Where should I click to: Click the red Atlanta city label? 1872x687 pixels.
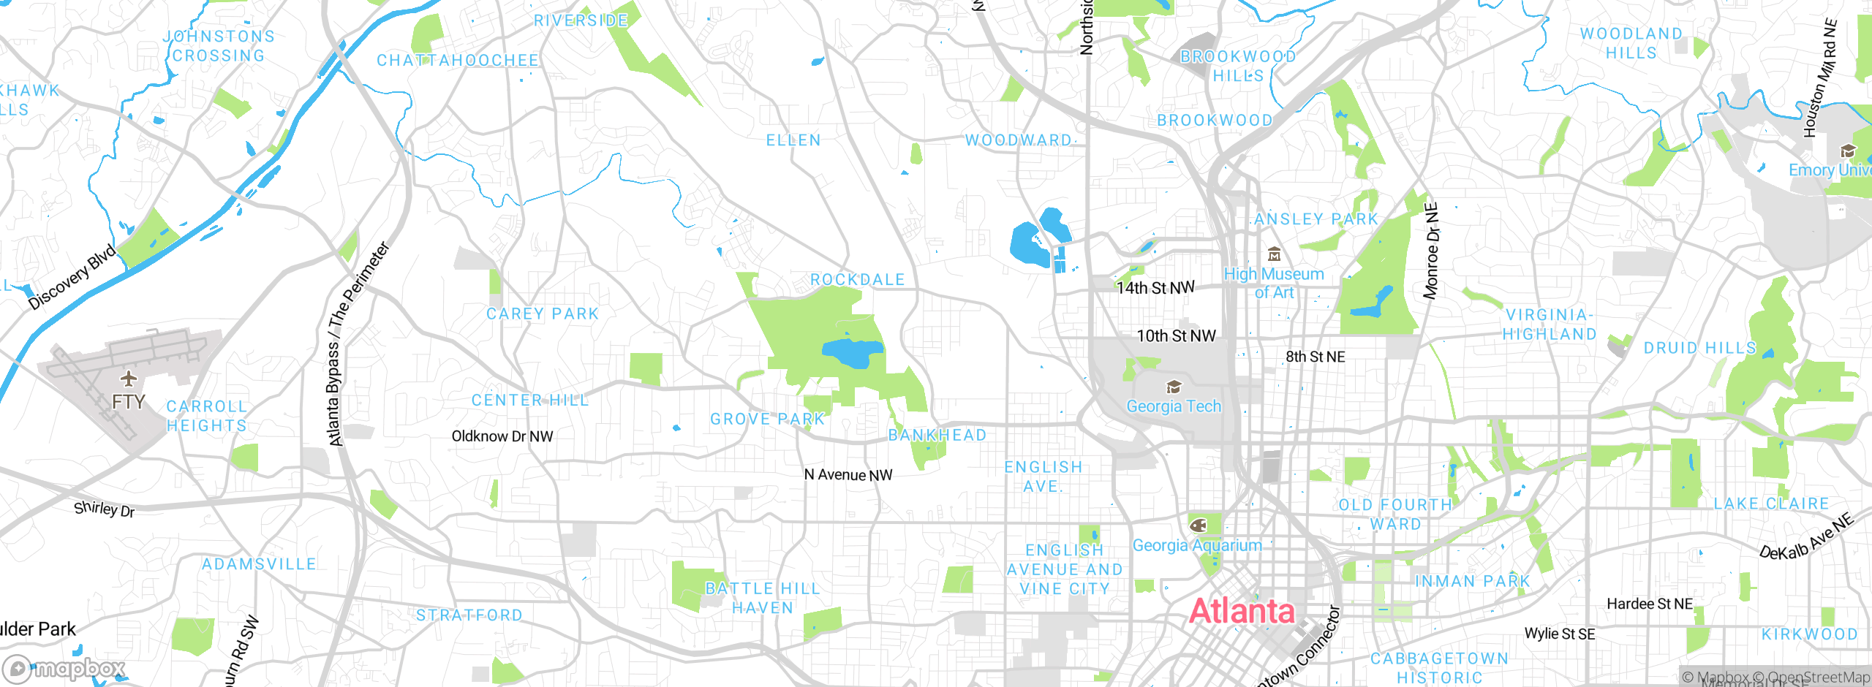pyautogui.click(x=1242, y=611)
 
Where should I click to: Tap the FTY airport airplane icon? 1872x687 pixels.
pyautogui.click(x=129, y=379)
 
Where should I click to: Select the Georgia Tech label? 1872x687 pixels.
pyautogui.click(x=1174, y=406)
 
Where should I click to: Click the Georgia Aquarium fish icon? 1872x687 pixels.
pyautogui.click(x=1198, y=525)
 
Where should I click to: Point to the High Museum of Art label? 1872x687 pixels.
pyautogui.click(x=1274, y=283)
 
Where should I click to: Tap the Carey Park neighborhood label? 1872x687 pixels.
pyautogui.click(x=543, y=314)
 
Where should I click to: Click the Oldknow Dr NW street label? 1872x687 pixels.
pyautogui.click(x=502, y=436)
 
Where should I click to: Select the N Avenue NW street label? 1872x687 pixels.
pyautogui.click(x=848, y=475)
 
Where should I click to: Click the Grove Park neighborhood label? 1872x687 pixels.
pyautogui.click(x=768, y=420)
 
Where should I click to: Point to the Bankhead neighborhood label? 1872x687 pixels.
pyautogui.click(x=937, y=436)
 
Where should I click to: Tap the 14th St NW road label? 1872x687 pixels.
pyautogui.click(x=1155, y=288)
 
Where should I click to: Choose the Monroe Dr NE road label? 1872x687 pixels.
pyautogui.click(x=1431, y=251)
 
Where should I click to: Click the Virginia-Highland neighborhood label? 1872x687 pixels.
pyautogui.click(x=1549, y=324)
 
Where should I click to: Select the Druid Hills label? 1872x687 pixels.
pyautogui.click(x=1699, y=348)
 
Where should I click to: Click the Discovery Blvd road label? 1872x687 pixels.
pyautogui.click(x=72, y=277)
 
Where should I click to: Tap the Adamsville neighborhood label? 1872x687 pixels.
pyautogui.click(x=259, y=564)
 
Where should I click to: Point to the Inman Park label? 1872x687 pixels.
pyautogui.click(x=1473, y=582)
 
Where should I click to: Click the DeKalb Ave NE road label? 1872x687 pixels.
pyautogui.click(x=1807, y=537)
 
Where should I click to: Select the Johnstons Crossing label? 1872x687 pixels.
pyautogui.click(x=219, y=46)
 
